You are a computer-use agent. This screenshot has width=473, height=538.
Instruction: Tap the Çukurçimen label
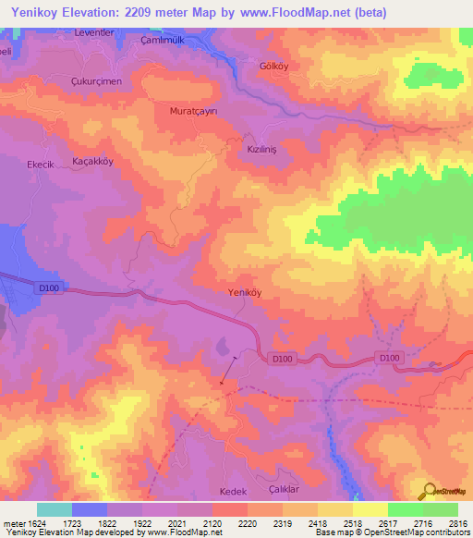click(x=97, y=81)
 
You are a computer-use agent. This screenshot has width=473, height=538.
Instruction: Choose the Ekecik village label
click(x=42, y=164)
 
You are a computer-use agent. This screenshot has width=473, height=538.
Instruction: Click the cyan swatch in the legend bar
click(x=54, y=509)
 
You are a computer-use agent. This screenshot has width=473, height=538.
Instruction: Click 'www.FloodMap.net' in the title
click(x=288, y=12)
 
